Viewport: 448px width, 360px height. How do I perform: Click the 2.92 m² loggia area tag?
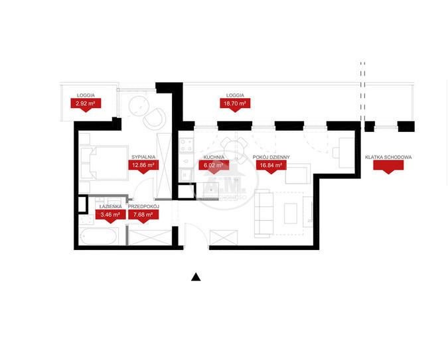click(86, 104)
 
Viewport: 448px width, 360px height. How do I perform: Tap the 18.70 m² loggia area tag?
click(235, 104)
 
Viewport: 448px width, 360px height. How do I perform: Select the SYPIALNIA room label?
click(143, 157)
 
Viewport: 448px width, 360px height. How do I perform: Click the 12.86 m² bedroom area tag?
click(143, 166)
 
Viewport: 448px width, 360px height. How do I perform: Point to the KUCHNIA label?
click(214, 157)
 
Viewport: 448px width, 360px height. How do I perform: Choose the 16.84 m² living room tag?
click(271, 166)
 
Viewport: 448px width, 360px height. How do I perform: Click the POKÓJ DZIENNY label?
click(271, 157)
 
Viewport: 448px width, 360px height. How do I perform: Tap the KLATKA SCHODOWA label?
click(388, 157)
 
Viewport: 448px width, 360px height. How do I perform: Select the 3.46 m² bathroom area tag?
click(110, 215)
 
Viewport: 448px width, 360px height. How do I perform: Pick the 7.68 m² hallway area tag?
click(143, 215)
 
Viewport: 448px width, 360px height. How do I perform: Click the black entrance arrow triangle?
click(196, 277)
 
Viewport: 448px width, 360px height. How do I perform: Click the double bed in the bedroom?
click(104, 162)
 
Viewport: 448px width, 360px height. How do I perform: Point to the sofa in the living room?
click(263, 213)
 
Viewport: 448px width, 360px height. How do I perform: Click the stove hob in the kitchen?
click(187, 145)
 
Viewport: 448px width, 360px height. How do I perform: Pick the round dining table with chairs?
click(236, 150)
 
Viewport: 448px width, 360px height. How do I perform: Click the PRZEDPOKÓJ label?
click(143, 206)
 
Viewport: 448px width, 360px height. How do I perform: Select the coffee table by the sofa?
click(291, 213)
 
